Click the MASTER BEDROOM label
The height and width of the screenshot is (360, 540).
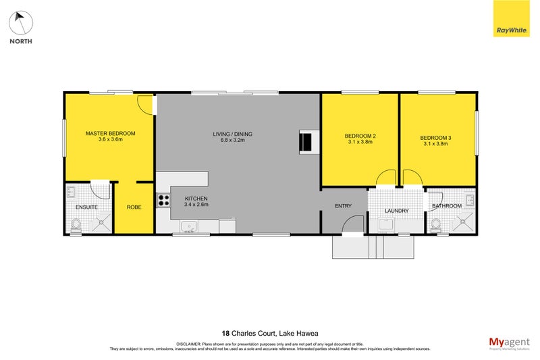pos(110,134)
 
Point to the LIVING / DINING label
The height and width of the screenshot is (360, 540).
pos(232,134)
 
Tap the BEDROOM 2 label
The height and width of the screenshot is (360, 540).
pos(360,136)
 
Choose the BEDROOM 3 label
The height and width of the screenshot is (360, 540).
pos(436,138)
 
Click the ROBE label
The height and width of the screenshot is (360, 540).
pos(134,207)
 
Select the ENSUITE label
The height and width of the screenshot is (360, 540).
pos(86,207)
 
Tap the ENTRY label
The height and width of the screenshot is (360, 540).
pos(344,207)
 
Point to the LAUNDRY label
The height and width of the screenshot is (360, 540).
pos(396,211)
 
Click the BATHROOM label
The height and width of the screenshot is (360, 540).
pos(447,205)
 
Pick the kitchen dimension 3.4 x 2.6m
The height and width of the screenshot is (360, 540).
pos(196,204)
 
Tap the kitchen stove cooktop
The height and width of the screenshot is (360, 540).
pos(163,200)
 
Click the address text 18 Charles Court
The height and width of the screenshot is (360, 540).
pos(250,333)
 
